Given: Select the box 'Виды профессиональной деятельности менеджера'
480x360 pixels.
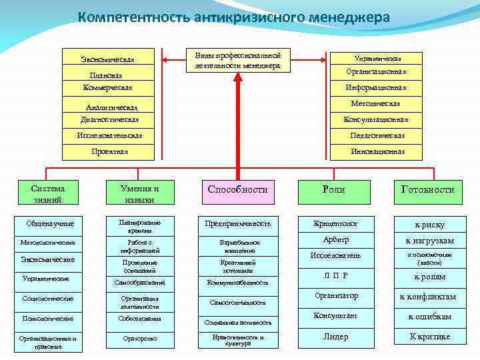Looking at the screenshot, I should coord(233,61).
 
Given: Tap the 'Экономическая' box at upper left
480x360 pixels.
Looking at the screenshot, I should coord(108,59).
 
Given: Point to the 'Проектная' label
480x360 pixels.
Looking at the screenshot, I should coord(109,151).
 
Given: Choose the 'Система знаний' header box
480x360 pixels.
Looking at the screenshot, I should coord(47,193).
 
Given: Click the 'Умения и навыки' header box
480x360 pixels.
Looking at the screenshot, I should coord(139,193).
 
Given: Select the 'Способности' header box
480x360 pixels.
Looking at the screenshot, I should coord(237,189).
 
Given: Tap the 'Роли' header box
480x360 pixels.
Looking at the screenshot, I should coord(333,189).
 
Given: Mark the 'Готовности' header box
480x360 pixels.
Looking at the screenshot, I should coord(427,189).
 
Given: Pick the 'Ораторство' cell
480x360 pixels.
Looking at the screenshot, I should coord(140,338).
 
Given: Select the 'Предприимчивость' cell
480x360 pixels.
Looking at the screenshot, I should coord(238,223).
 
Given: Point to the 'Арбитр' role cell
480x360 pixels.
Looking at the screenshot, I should coord(336,240).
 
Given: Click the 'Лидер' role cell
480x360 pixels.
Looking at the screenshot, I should coord(336,337).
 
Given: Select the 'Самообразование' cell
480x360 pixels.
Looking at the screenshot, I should coord(140,282).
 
